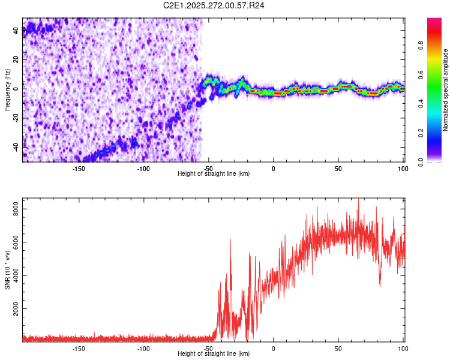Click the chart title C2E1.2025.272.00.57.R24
[x=214, y=5]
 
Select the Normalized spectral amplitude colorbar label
[x=446, y=90]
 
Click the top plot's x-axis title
[x=214, y=173]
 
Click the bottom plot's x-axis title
[x=214, y=353]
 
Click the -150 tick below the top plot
[x=79, y=168]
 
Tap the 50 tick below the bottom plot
[x=338, y=348]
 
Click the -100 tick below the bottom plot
[x=143, y=348]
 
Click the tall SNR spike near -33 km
[x=230, y=240]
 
